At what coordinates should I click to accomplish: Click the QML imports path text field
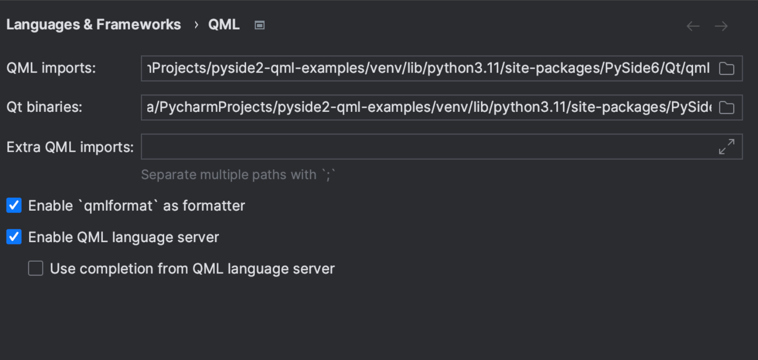pyautogui.click(x=429, y=68)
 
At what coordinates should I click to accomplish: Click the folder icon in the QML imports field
pyautogui.click(x=727, y=68)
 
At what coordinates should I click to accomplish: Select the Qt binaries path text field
pyautogui.click(x=429, y=107)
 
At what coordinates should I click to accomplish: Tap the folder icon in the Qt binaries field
pyautogui.click(x=727, y=108)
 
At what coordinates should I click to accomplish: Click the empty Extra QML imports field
pyautogui.click(x=429, y=147)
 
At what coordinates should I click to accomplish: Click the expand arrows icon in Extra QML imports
pyautogui.click(x=727, y=147)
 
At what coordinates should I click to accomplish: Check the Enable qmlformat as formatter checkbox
pyautogui.click(x=14, y=205)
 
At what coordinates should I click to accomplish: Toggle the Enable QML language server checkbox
pyautogui.click(x=14, y=237)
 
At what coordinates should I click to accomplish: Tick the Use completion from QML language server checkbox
pyautogui.click(x=36, y=268)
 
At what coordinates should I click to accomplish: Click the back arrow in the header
pyautogui.click(x=693, y=26)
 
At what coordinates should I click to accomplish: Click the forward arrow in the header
pyautogui.click(x=721, y=26)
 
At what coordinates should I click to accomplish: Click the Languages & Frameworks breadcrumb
pyautogui.click(x=94, y=25)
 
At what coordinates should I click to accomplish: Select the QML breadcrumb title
pyautogui.click(x=224, y=25)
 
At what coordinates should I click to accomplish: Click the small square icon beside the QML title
pyautogui.click(x=260, y=25)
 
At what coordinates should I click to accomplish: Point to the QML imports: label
pyautogui.click(x=51, y=68)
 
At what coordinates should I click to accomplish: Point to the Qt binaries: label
pyautogui.click(x=44, y=107)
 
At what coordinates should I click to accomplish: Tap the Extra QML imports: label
pyautogui.click(x=70, y=147)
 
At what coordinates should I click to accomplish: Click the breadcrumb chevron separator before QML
pyautogui.click(x=196, y=25)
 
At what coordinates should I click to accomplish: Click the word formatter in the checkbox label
pyautogui.click(x=213, y=206)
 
